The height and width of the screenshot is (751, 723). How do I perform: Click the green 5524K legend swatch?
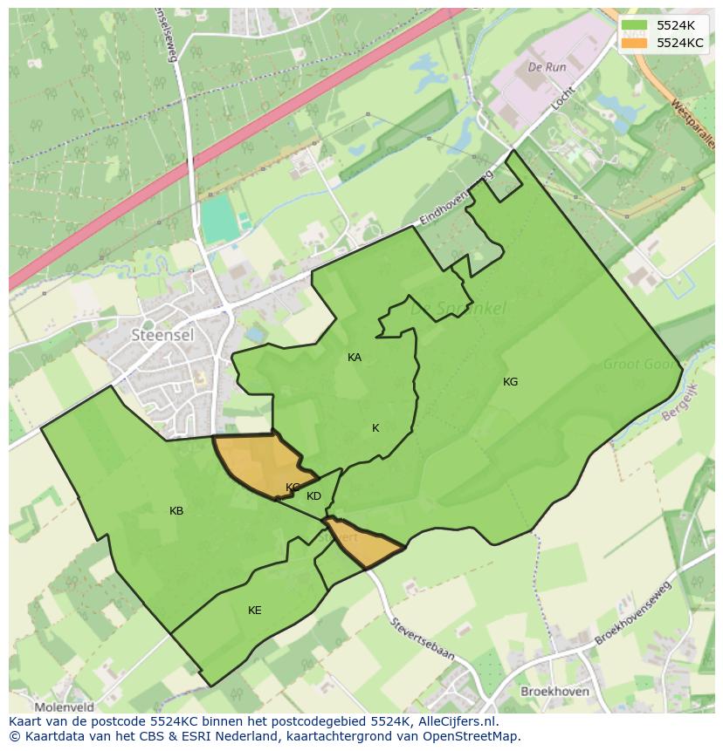[635, 25]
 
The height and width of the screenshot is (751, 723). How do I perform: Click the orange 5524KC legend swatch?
[635, 42]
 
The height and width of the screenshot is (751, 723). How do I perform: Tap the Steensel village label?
[162, 334]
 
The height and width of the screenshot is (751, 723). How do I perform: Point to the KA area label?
[355, 358]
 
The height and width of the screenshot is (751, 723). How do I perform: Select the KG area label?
[510, 382]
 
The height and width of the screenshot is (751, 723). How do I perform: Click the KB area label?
[176, 511]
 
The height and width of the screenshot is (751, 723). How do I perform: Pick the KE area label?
[254, 611]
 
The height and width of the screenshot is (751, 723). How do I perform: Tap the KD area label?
[313, 496]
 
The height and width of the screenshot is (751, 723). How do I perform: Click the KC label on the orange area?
[293, 488]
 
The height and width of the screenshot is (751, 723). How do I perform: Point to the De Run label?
[547, 66]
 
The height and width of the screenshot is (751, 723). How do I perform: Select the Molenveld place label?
[63, 707]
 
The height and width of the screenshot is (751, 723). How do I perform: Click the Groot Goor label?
[639, 365]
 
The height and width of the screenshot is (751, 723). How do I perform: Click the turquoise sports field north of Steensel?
[220, 219]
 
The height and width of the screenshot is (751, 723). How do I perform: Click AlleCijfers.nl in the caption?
[454, 721]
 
